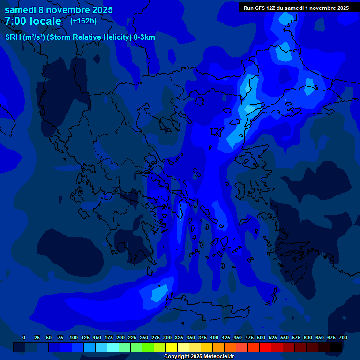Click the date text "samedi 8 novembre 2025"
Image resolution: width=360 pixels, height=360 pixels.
[59, 10]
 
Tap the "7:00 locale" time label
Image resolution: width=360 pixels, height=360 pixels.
[33, 21]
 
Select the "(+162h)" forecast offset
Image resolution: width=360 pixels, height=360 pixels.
[83, 21]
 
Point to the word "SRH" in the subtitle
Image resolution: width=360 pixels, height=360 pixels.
[13, 37]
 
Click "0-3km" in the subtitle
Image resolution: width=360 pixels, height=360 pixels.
[144, 37]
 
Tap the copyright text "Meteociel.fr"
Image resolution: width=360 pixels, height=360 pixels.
[219, 357]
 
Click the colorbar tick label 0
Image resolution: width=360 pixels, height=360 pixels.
[24, 337]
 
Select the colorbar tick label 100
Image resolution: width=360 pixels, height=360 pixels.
[73, 337]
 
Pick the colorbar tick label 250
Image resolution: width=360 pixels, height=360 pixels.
[144, 337]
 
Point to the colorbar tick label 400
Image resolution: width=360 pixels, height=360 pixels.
[214, 337]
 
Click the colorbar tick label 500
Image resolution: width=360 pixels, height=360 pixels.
[261, 337]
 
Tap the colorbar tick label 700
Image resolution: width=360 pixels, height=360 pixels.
[343, 337]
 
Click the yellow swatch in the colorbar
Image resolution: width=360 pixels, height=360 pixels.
[172, 347]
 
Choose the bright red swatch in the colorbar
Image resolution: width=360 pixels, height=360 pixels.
[265, 347]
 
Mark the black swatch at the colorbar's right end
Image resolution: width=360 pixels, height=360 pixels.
[336, 347]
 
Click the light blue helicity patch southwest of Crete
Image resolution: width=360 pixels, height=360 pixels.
[158, 294]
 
